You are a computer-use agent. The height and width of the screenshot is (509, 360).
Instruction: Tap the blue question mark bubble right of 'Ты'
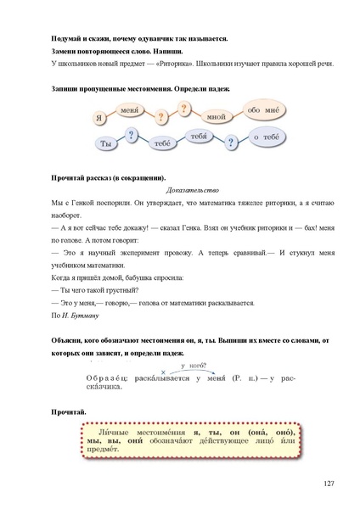click(131, 135)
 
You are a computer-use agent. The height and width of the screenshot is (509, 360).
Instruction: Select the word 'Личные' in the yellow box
click(110, 432)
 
